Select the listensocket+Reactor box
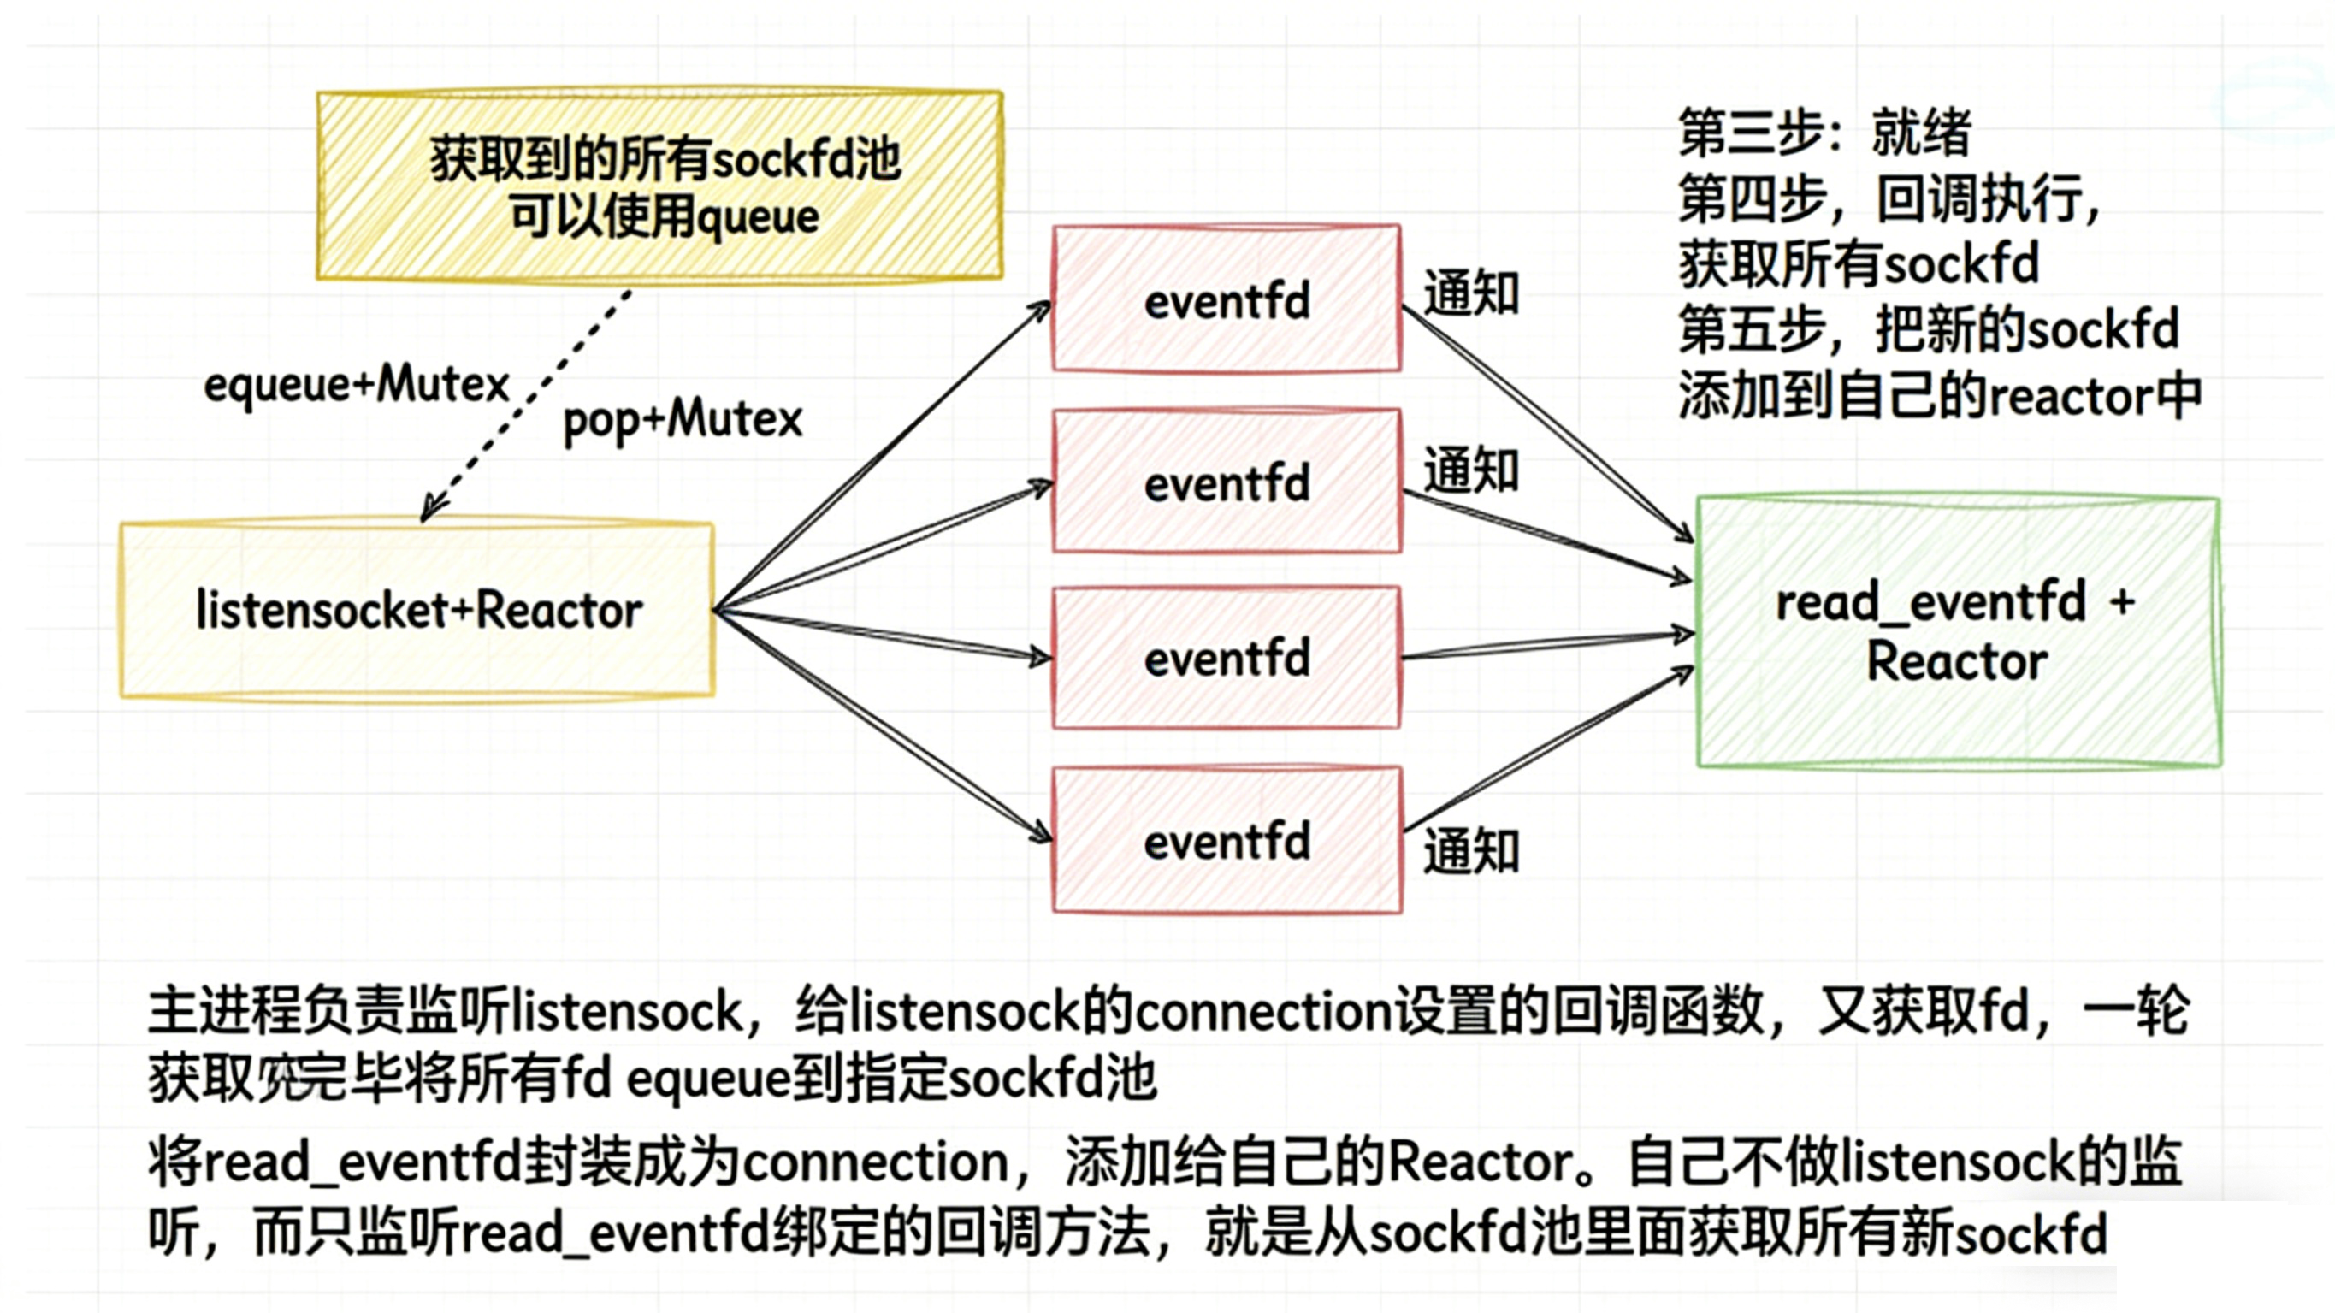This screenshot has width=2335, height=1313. tap(417, 610)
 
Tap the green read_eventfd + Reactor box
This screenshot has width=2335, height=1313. tap(1958, 632)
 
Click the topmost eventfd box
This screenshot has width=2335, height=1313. tap(1227, 299)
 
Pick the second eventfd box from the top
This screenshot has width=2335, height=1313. tap(1227, 482)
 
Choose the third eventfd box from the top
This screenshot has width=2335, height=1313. tap(1227, 658)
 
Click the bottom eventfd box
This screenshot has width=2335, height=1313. tap(1227, 841)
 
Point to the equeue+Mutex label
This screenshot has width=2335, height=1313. tap(356, 384)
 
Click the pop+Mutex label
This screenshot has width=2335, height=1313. tap(683, 420)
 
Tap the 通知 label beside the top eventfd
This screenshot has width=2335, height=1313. tap(1470, 293)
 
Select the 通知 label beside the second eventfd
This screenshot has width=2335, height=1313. tap(1470, 470)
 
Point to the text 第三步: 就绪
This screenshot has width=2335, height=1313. tap(1824, 133)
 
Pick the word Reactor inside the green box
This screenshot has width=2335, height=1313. tap(1957, 661)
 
